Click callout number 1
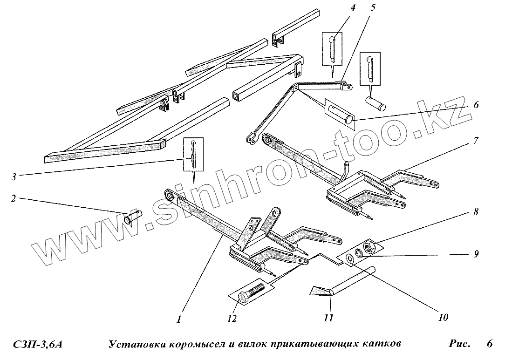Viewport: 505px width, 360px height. pos(179,319)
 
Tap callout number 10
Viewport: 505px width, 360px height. pos(443,317)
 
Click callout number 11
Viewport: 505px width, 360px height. pos(328,319)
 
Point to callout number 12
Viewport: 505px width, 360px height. pos(232,319)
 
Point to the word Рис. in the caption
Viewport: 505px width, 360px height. pos(459,345)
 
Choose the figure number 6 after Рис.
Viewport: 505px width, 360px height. pos(489,345)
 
